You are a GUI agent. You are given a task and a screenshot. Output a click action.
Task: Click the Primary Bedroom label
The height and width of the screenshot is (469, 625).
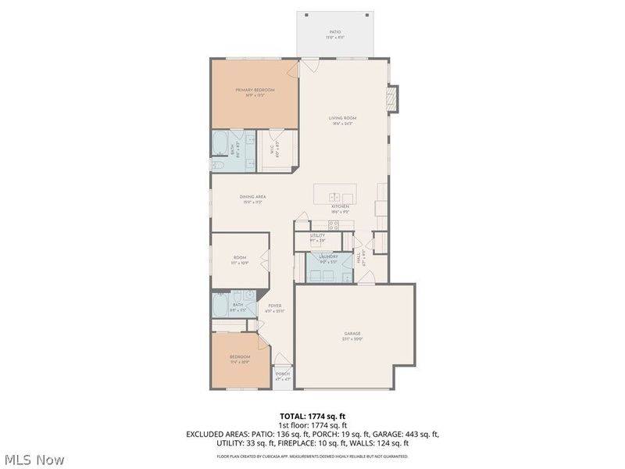pos(255,91)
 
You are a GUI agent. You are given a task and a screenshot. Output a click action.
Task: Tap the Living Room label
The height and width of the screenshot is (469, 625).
pos(341,118)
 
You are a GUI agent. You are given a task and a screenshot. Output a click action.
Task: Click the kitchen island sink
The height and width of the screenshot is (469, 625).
pos(334,197)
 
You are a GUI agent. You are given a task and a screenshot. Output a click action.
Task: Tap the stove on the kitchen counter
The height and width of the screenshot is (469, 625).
pos(334,225)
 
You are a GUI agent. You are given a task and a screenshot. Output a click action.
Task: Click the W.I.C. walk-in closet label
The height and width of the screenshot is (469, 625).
pos(272,150)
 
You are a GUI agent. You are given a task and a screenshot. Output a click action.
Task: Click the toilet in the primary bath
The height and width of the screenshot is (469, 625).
pos(218,166)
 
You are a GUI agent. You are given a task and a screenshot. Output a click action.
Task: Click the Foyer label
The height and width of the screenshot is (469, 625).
pos(275,306)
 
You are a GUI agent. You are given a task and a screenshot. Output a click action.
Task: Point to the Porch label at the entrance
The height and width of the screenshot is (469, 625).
pos(282,374)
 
